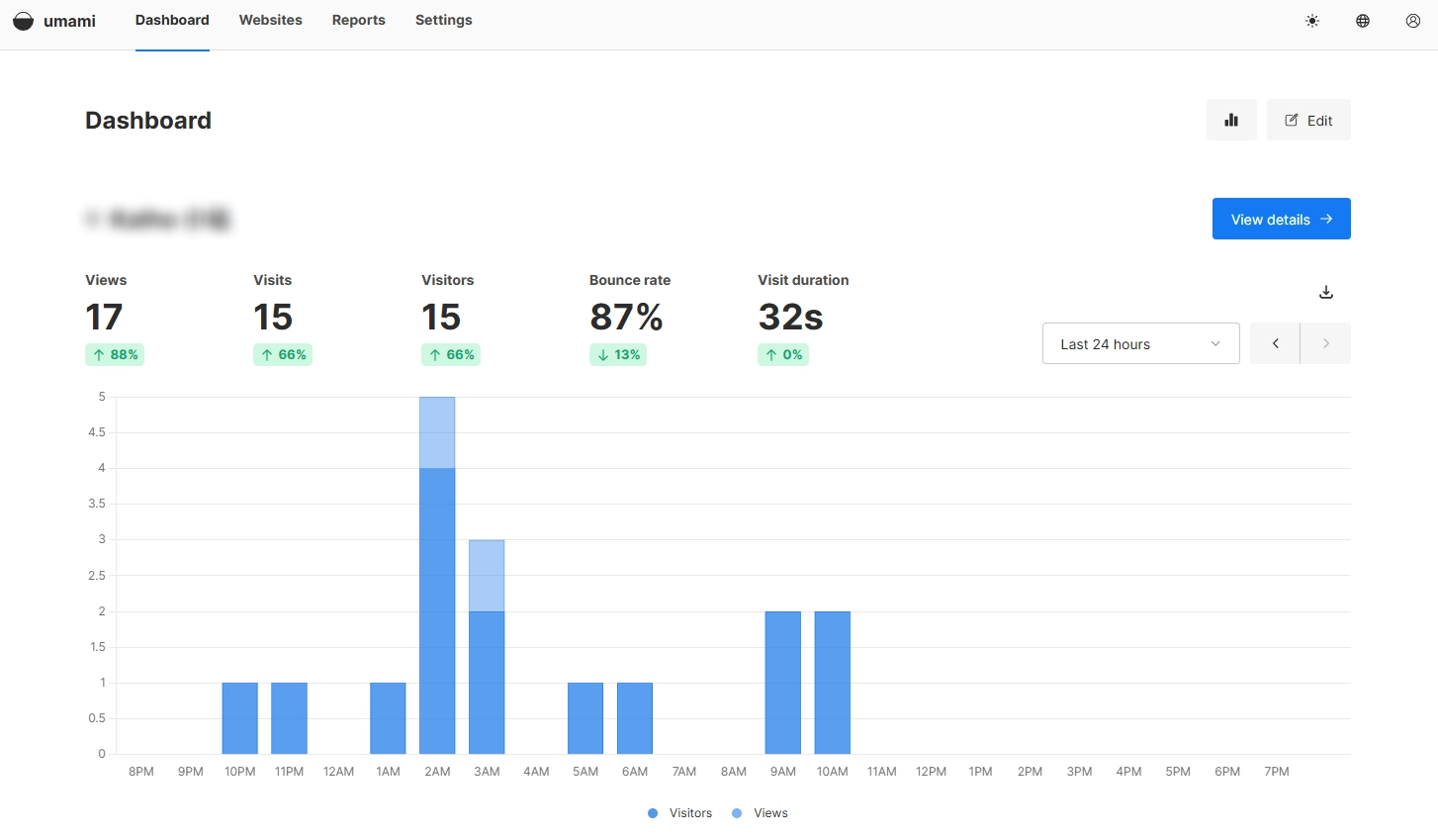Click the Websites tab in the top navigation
coord(270,20)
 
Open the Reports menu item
coord(358,20)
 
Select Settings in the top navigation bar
coord(443,20)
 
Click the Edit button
coord(1307,120)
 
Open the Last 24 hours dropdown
coord(1140,343)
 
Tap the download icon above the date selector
coord(1326,292)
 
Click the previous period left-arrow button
coord(1275,343)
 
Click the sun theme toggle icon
coord(1312,21)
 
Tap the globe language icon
coord(1363,21)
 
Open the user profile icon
coord(1413,21)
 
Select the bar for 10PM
coord(240,718)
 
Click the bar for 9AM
coord(783,683)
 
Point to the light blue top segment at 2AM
coord(437,432)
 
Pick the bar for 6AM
coord(635,718)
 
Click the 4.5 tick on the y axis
coord(97,432)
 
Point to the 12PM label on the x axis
coord(931,772)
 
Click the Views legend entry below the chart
coord(761,813)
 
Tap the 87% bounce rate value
coord(626,317)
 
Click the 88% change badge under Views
coord(115,354)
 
